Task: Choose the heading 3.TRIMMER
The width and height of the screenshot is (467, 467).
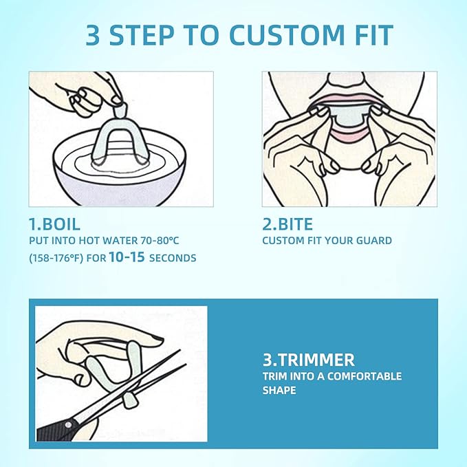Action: tap(308, 359)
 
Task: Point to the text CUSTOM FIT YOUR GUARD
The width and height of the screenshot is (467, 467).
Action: tap(327, 241)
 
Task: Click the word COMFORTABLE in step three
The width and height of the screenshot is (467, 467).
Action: tap(364, 376)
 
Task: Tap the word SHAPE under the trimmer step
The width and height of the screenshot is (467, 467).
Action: tap(279, 390)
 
